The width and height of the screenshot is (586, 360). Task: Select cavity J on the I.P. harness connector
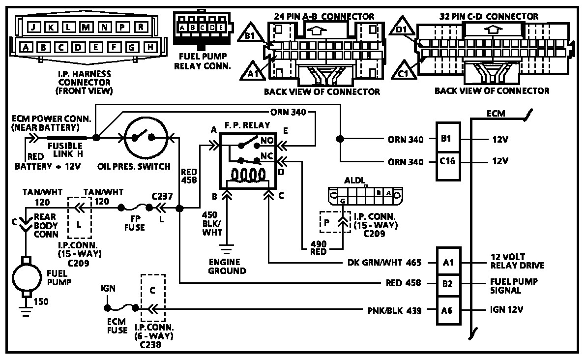click(x=32, y=27)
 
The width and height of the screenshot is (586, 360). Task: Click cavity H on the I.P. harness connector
click(x=150, y=47)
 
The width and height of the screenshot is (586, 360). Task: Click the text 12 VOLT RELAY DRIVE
click(x=517, y=261)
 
